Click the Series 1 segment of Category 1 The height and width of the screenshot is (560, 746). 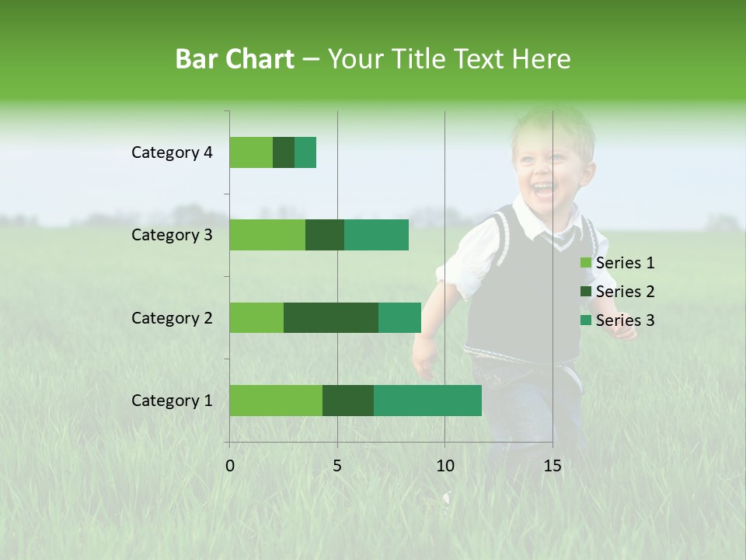click(x=276, y=400)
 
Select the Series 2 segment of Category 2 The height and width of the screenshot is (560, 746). click(x=331, y=317)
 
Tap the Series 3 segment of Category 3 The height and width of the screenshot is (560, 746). click(x=376, y=235)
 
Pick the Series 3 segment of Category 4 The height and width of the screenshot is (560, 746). click(x=305, y=152)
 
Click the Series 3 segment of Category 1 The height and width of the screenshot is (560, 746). click(x=427, y=400)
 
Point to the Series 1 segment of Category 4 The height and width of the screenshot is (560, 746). click(x=251, y=152)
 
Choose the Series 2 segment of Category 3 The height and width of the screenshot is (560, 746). click(x=325, y=235)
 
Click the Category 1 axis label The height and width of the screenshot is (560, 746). click(x=172, y=401)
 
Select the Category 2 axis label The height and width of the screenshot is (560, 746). click(x=172, y=318)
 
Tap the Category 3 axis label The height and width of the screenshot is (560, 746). click(x=172, y=235)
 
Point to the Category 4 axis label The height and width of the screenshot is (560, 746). click(x=172, y=152)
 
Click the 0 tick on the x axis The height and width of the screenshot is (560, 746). click(x=230, y=466)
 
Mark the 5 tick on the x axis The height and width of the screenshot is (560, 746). click(x=337, y=466)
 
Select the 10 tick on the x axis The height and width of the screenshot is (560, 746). click(x=444, y=466)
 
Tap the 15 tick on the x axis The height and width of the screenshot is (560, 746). click(x=552, y=466)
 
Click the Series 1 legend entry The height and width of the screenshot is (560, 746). click(x=618, y=263)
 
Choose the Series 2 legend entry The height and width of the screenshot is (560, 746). click(x=618, y=292)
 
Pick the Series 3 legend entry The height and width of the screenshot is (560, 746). click(x=618, y=320)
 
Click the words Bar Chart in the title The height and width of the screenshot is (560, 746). click(x=235, y=59)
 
